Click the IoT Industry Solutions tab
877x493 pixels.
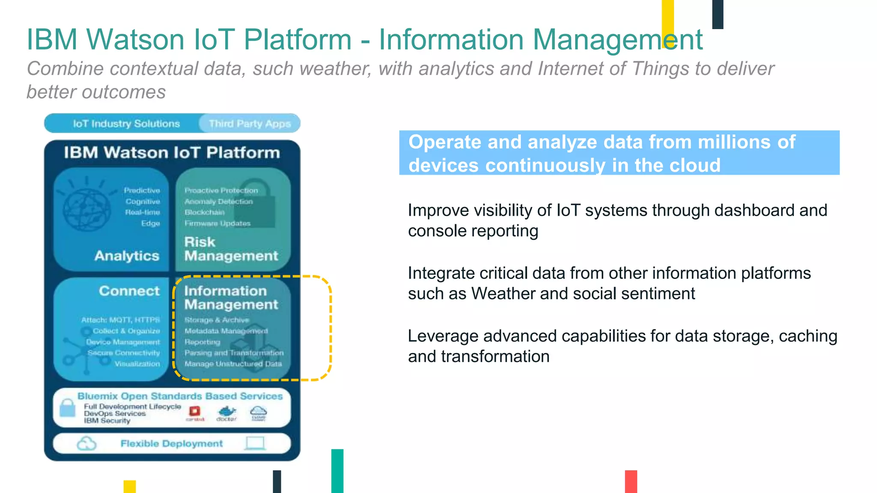click(126, 124)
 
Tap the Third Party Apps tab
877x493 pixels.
click(250, 124)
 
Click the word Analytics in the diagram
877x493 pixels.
click(127, 256)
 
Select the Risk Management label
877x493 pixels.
click(231, 249)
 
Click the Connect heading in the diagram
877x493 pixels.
click(129, 291)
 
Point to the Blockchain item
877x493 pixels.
click(205, 212)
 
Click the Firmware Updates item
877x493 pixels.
click(217, 223)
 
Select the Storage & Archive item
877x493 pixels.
click(217, 320)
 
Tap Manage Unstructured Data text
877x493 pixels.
click(233, 364)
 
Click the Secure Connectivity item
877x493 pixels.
click(123, 353)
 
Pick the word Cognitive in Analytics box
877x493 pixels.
click(143, 202)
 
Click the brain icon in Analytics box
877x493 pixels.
click(87, 208)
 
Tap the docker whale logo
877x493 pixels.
click(227, 412)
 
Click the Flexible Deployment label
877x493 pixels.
click(171, 444)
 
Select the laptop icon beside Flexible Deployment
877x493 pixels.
click(255, 443)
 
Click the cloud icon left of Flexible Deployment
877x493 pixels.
click(87, 444)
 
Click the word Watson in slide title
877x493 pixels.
click(135, 39)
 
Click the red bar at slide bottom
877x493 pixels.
click(631, 481)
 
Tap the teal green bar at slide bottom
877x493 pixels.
click(337, 471)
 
